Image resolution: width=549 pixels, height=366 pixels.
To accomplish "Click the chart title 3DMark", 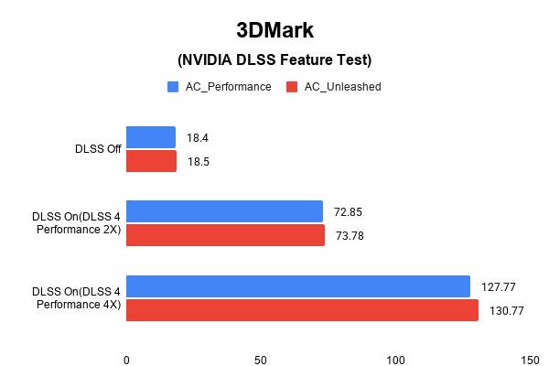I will [x=274, y=30].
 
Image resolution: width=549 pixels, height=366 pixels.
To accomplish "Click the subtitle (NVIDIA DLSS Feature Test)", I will [x=274, y=60].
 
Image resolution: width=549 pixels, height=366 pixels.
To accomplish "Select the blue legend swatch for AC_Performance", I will [x=172, y=87].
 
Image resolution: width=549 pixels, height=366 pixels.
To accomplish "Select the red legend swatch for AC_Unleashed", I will [x=292, y=87].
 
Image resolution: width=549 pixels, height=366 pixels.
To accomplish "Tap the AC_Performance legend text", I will [x=226, y=87].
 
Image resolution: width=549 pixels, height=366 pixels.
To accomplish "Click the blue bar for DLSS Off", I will [x=151, y=137].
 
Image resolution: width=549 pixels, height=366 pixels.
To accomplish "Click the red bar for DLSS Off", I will [x=151, y=161].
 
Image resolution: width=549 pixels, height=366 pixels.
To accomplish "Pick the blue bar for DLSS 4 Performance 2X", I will [x=224, y=211].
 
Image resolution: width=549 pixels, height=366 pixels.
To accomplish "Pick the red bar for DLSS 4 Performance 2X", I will [x=225, y=235].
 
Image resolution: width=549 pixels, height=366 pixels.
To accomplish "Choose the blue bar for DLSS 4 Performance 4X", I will [x=297, y=286].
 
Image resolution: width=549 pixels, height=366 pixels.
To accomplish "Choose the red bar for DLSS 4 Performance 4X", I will [x=302, y=310].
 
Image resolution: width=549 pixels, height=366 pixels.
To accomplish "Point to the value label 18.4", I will [x=198, y=137].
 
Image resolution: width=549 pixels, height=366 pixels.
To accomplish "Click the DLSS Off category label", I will [x=98, y=149].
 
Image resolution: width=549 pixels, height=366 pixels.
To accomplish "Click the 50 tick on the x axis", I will [x=261, y=360].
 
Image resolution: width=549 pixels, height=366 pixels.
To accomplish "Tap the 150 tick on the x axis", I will [x=529, y=360].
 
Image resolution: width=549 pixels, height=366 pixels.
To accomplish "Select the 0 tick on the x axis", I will [x=126, y=360].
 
